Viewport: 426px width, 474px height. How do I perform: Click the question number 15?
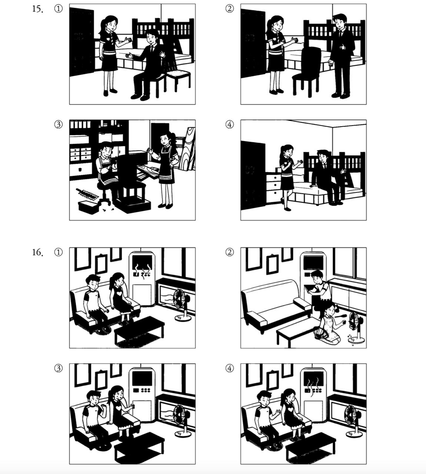38,9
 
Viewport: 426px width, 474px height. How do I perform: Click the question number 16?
38,253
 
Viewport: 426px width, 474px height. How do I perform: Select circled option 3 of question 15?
59,124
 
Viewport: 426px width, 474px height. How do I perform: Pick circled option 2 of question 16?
230,252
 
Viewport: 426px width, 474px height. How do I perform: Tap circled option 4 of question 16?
230,368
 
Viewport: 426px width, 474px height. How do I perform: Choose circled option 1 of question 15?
59,9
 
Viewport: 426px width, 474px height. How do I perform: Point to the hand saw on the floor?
87,194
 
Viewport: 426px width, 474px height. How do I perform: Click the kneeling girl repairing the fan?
329,323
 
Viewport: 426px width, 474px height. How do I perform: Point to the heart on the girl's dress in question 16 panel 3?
119,408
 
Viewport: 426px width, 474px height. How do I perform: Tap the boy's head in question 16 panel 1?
93,282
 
